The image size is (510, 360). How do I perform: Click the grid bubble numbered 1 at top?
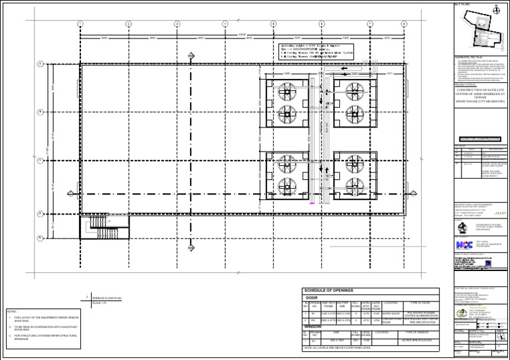click(x=80, y=24)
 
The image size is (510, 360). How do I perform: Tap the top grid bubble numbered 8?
click(x=404, y=24)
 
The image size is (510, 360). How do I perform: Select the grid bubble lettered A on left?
click(x=41, y=64)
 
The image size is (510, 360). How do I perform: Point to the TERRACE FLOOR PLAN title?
click(x=107, y=300)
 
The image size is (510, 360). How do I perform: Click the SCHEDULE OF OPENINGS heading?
click(x=329, y=291)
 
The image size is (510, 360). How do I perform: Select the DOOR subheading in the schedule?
click(x=311, y=298)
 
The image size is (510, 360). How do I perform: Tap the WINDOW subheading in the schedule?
click(x=313, y=327)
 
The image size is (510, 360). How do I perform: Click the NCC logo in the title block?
click(x=464, y=244)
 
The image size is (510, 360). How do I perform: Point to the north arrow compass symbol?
click(x=496, y=10)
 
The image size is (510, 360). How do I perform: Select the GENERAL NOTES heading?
click(x=469, y=58)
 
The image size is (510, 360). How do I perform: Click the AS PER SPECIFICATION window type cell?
click(x=416, y=341)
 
